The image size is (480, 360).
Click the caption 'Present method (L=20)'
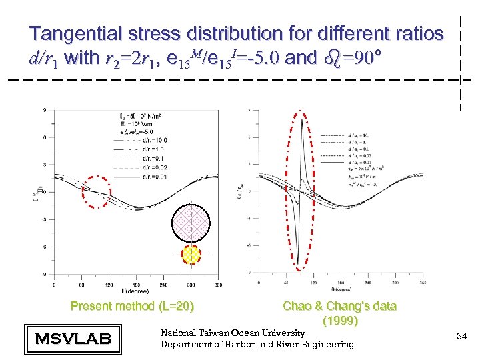(133, 307)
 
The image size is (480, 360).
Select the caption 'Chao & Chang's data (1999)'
(339, 313)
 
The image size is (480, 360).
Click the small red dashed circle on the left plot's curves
(97, 191)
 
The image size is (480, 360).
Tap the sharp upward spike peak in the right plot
(304, 119)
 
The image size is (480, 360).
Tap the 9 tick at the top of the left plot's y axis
(44, 110)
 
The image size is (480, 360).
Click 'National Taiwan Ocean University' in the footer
(233, 332)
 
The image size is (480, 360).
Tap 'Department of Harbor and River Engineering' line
(257, 344)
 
